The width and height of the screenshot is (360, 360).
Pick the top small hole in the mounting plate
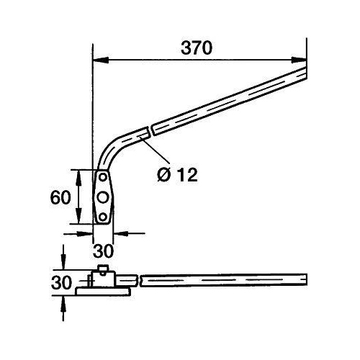pos(104,177)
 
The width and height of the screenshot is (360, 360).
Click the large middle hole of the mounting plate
pos(104,197)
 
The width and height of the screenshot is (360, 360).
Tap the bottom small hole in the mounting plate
pos(104,216)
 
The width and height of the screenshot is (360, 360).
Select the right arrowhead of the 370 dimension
pos(302,60)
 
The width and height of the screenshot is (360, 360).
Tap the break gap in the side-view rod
pos(139,278)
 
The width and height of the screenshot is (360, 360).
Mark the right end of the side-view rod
pos(306,278)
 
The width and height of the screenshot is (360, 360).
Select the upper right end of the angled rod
pos(305,69)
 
